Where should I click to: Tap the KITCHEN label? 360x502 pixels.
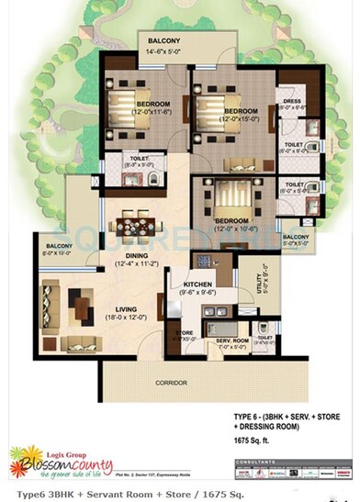pyautogui.click(x=197, y=285)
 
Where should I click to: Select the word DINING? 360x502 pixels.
pyautogui.click(x=137, y=257)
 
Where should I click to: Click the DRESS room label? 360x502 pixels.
pyautogui.click(x=291, y=102)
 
